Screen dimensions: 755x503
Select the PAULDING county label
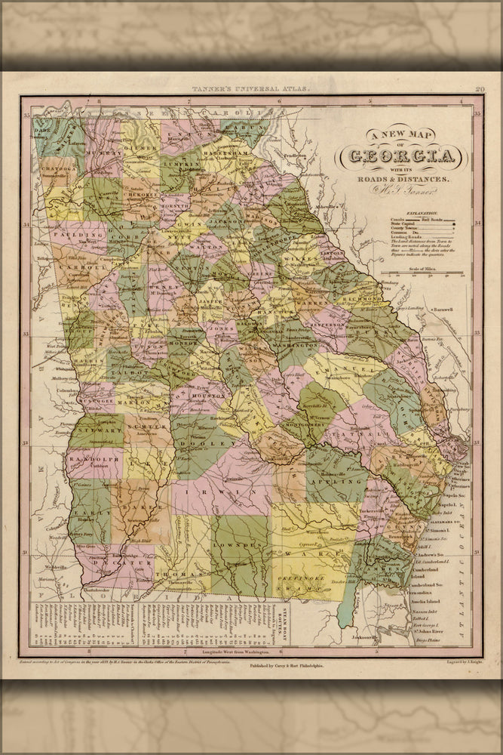click(72, 235)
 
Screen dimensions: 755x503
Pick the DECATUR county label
click(108, 563)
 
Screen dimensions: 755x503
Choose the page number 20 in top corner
click(479, 89)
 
